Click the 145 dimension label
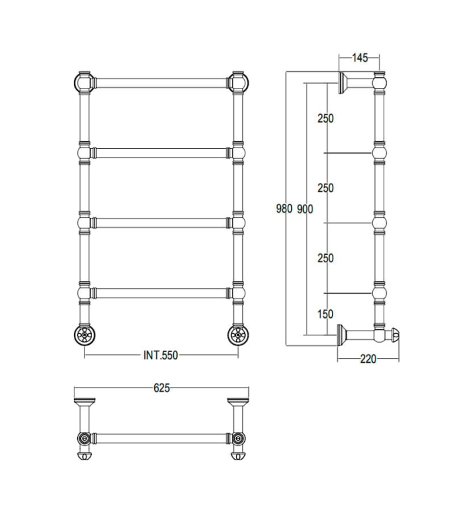click(359, 58)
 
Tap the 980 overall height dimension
click(284, 209)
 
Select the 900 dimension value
click(304, 209)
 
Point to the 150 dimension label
click(325, 314)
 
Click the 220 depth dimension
click(368, 359)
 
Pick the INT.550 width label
click(161, 355)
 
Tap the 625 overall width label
click(162, 388)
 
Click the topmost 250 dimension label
click(326, 118)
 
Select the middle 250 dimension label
click(326, 188)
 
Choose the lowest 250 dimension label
click(326, 258)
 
